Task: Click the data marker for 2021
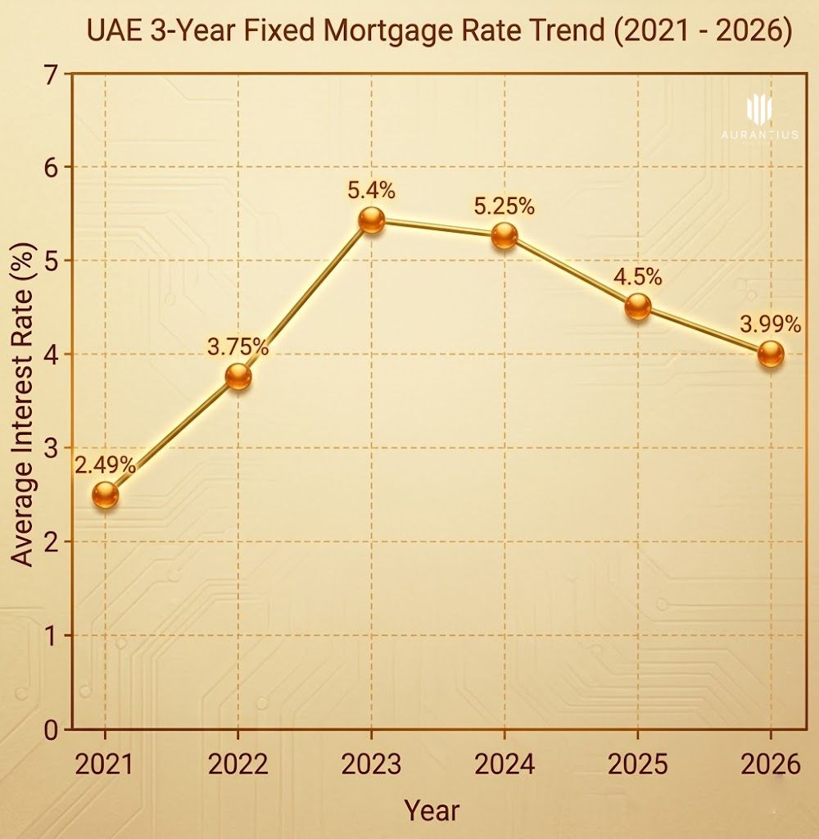click(x=105, y=495)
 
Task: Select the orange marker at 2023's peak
click(x=371, y=220)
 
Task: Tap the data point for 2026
click(x=771, y=355)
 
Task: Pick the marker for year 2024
click(x=505, y=236)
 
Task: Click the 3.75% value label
click(x=238, y=347)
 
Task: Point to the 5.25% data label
click(x=505, y=206)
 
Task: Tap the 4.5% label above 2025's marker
click(x=637, y=277)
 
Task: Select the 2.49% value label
click(x=105, y=465)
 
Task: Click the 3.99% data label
click(x=771, y=324)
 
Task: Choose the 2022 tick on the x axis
click(x=238, y=764)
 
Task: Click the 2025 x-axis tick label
click(x=637, y=764)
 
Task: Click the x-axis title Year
click(x=432, y=810)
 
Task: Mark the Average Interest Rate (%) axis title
click(x=25, y=401)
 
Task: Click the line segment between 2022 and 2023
click(x=305, y=298)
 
